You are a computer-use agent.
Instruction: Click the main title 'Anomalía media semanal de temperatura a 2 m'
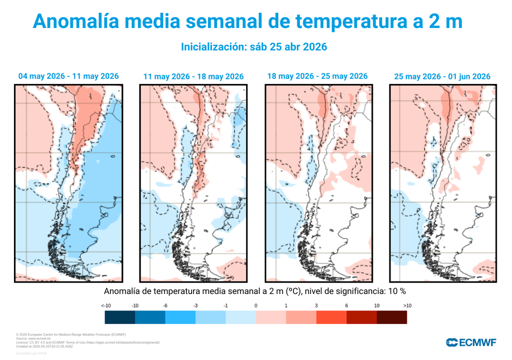click(x=247, y=21)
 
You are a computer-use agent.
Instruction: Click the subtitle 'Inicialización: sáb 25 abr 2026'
click(x=253, y=47)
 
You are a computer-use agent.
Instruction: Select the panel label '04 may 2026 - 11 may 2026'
click(x=68, y=76)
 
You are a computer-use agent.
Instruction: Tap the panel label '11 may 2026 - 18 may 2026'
click(x=193, y=77)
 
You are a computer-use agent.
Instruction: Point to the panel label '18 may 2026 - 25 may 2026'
click(x=317, y=76)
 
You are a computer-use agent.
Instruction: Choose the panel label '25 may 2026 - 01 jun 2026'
click(x=442, y=77)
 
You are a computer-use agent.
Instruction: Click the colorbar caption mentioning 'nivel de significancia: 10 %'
click(x=255, y=291)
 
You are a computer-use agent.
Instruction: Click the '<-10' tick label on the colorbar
click(x=105, y=305)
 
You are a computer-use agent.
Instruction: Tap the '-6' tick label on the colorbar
click(x=165, y=305)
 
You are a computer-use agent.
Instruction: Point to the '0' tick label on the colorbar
click(x=255, y=305)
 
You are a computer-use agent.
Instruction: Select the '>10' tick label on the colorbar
click(x=406, y=305)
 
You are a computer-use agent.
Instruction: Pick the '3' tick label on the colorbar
click(x=316, y=305)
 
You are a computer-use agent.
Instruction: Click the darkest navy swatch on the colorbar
click(x=120, y=317)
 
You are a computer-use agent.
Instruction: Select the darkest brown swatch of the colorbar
click(x=391, y=317)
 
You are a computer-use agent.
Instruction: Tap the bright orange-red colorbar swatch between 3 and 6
click(x=331, y=317)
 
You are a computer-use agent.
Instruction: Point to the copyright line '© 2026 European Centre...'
click(x=70, y=334)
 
